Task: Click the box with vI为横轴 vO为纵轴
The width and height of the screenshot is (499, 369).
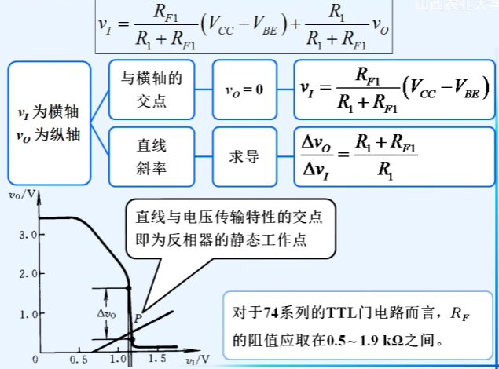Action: pyautogui.click(x=49, y=124)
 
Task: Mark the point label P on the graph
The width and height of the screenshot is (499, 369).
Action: pyautogui.click(x=138, y=317)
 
